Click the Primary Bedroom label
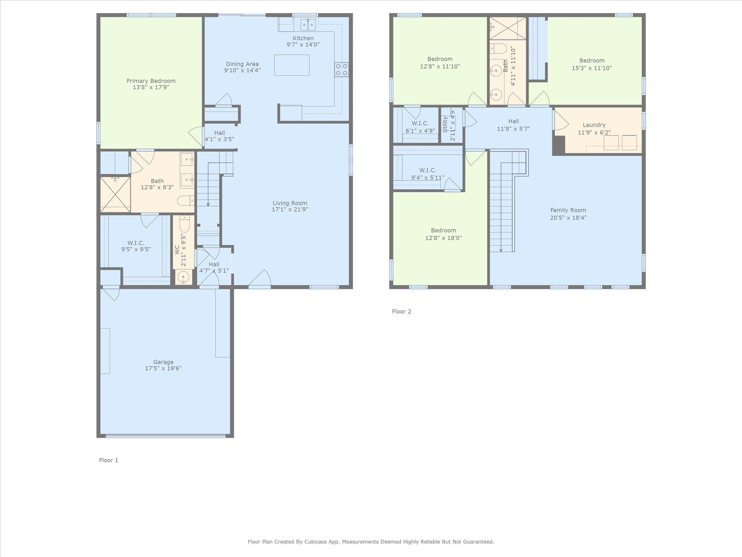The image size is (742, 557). pyautogui.click(x=151, y=81)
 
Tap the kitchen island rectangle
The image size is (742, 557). pyautogui.click(x=292, y=65)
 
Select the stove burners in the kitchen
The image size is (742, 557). pyautogui.click(x=341, y=69)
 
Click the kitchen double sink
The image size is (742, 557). pyautogui.click(x=308, y=25)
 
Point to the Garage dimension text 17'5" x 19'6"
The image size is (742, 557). pyautogui.click(x=163, y=368)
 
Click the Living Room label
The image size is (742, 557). pyautogui.click(x=290, y=203)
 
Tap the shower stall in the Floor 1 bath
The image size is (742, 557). pyautogui.click(x=115, y=194)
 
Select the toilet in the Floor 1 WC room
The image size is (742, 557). pyautogui.click(x=184, y=224)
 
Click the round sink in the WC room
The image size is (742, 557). pyautogui.click(x=184, y=277)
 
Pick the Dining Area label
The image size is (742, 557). pyautogui.click(x=242, y=64)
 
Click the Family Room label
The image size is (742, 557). pyautogui.click(x=568, y=210)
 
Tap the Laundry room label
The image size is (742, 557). pyautogui.click(x=594, y=125)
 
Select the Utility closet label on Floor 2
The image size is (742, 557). pyautogui.click(x=445, y=124)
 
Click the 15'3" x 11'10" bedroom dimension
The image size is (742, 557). pyautogui.click(x=592, y=68)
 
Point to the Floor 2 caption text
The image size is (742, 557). pyautogui.click(x=401, y=311)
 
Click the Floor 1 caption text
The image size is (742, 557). pyautogui.click(x=109, y=460)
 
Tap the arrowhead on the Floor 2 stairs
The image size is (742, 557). pyautogui.click(x=501, y=250)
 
